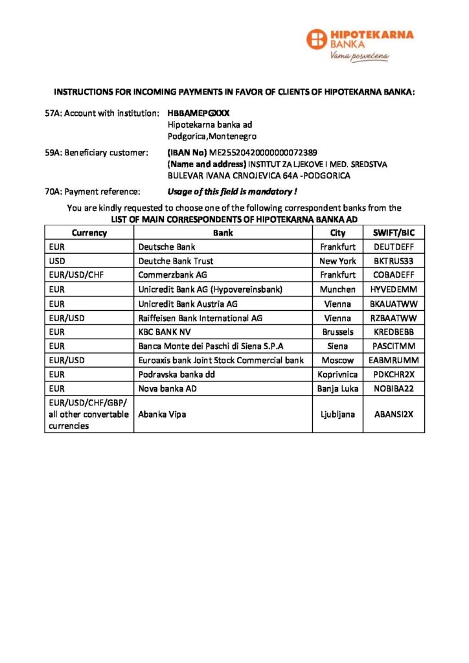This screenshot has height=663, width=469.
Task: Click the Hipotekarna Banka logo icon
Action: click(317, 39)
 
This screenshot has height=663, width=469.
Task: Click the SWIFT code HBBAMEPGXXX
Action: click(198, 113)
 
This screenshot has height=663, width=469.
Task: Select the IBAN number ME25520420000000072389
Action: click(262, 153)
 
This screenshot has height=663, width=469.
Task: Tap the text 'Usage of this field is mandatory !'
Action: click(232, 192)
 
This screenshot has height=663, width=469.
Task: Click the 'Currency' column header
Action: click(89, 233)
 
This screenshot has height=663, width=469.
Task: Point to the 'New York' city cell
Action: click(337, 261)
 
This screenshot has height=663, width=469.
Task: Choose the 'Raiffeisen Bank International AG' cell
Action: click(201, 318)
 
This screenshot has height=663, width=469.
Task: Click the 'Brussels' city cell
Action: click(337, 332)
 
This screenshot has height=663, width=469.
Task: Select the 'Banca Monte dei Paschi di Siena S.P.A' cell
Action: click(211, 346)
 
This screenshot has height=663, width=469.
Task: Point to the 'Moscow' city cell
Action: click(337, 360)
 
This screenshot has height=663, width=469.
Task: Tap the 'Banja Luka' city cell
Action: click(337, 388)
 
